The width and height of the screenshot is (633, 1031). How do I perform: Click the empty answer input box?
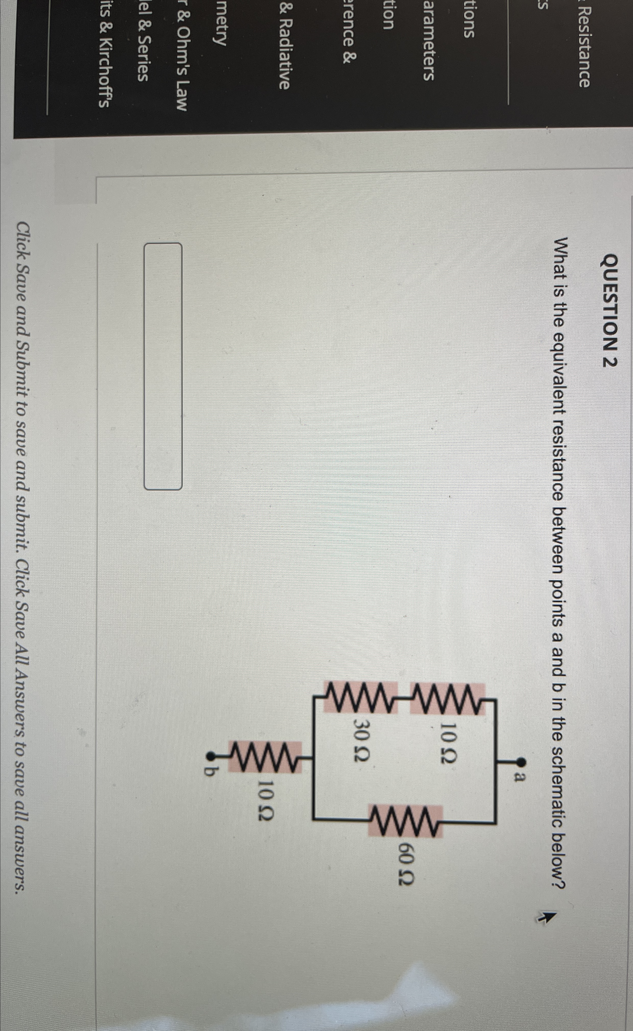163,366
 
